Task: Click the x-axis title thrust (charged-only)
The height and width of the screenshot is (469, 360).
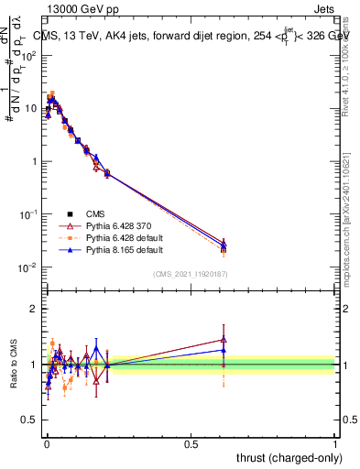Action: point(285,457)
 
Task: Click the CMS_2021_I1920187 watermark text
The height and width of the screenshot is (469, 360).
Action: point(191,273)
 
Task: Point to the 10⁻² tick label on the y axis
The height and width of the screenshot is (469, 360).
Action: point(28,267)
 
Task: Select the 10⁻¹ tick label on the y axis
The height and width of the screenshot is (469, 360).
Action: point(28,214)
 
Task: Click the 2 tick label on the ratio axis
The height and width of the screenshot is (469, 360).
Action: point(34,309)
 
